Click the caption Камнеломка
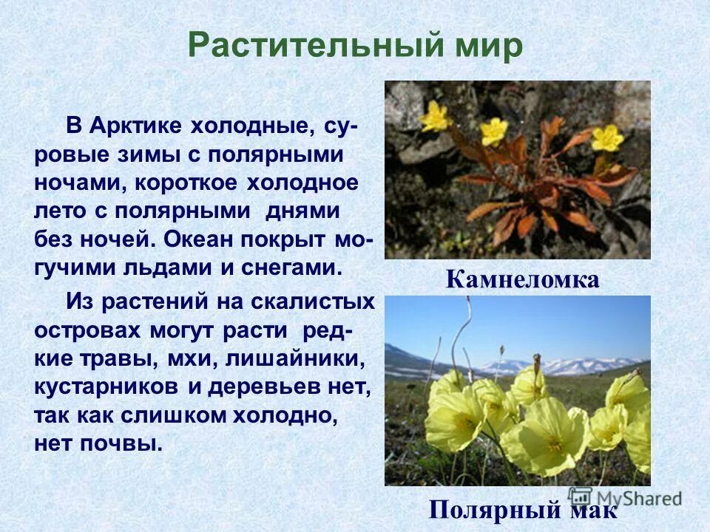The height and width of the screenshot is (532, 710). [522, 279]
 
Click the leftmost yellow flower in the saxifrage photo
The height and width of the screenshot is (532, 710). [436, 116]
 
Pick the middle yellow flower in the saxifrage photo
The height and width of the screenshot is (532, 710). [493, 132]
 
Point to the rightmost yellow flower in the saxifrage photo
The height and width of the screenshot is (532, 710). [608, 137]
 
